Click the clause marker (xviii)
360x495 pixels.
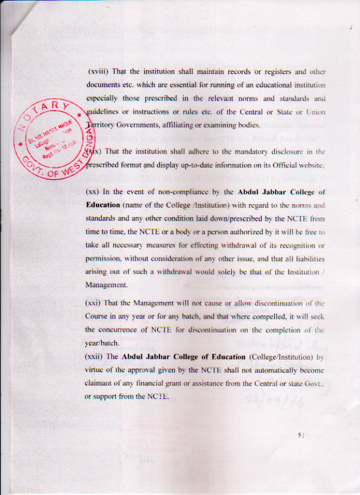pyautogui.click(x=98, y=71)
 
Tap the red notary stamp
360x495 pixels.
pyautogui.click(x=51, y=134)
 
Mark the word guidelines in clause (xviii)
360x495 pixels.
pyautogui.click(x=104, y=112)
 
